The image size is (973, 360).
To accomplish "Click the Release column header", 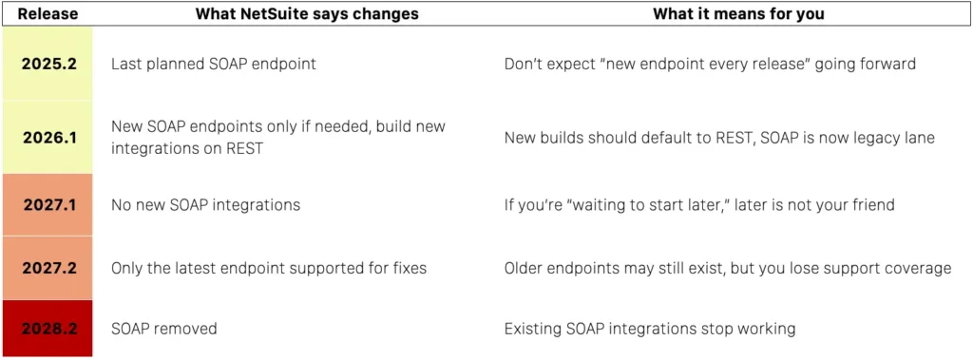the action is coord(48,13).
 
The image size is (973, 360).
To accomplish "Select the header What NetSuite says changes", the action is coord(307,13).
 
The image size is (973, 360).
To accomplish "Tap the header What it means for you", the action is coord(738,13).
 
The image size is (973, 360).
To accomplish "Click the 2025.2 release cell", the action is coord(48,64).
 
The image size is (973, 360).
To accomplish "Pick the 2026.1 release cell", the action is coord(48,137).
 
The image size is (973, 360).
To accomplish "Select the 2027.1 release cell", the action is coord(48,205).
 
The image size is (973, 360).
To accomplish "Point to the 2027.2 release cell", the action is coord(48,268).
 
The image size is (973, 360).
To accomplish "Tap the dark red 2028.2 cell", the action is coord(48,329).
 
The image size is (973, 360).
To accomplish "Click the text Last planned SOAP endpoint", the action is coord(214,64).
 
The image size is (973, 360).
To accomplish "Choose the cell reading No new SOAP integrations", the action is coord(205,205).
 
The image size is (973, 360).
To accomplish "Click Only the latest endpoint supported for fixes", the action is coord(269,269).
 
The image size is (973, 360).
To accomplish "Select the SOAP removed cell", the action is coord(163,329).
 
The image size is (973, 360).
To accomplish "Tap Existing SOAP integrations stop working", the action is coord(650,329).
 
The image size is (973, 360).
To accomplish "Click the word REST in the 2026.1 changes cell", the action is coord(243,149).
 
